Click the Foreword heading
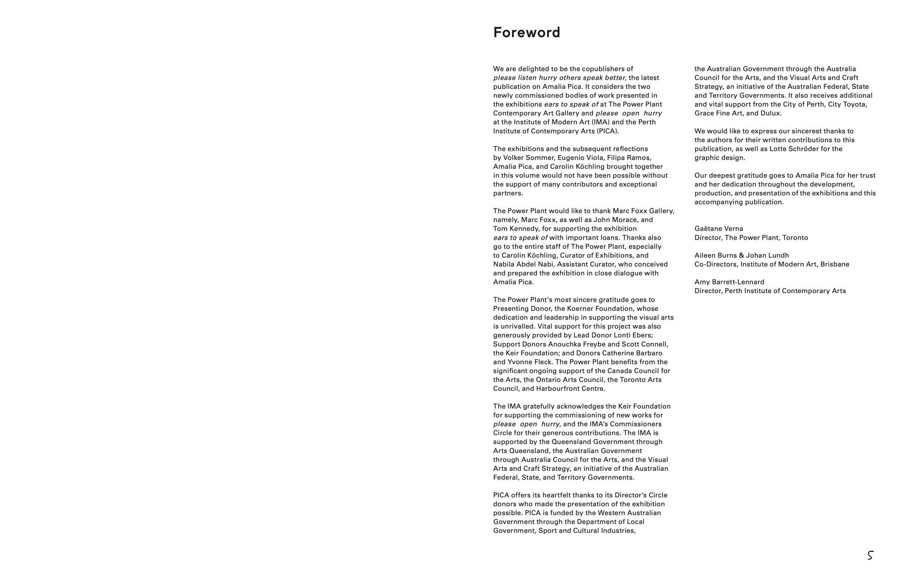coord(526,33)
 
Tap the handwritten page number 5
coord(870,555)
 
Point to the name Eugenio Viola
coord(582,158)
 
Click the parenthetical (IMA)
coord(601,122)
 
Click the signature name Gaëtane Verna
coord(718,229)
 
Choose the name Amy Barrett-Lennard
coord(729,282)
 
